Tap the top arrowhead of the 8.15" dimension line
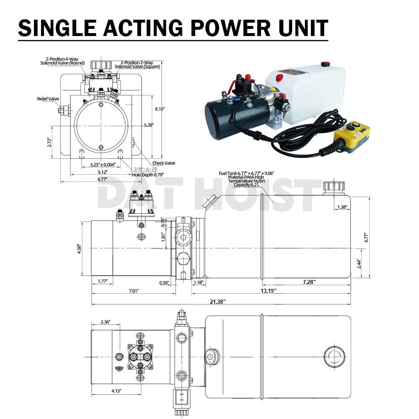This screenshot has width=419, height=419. point(153,96)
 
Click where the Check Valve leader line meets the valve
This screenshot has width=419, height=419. point(134,143)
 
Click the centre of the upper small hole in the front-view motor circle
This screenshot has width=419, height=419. point(101,104)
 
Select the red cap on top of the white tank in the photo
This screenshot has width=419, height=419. point(325,64)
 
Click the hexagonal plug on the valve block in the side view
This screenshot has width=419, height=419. point(184,259)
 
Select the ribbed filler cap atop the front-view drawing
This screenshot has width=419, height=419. point(101,65)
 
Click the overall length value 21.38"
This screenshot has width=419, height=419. point(217,302)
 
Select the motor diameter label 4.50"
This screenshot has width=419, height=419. point(79,249)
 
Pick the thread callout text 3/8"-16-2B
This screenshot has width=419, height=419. point(145,169)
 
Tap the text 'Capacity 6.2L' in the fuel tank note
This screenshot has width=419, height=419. point(246,185)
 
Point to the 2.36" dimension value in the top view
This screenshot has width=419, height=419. point(105,322)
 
